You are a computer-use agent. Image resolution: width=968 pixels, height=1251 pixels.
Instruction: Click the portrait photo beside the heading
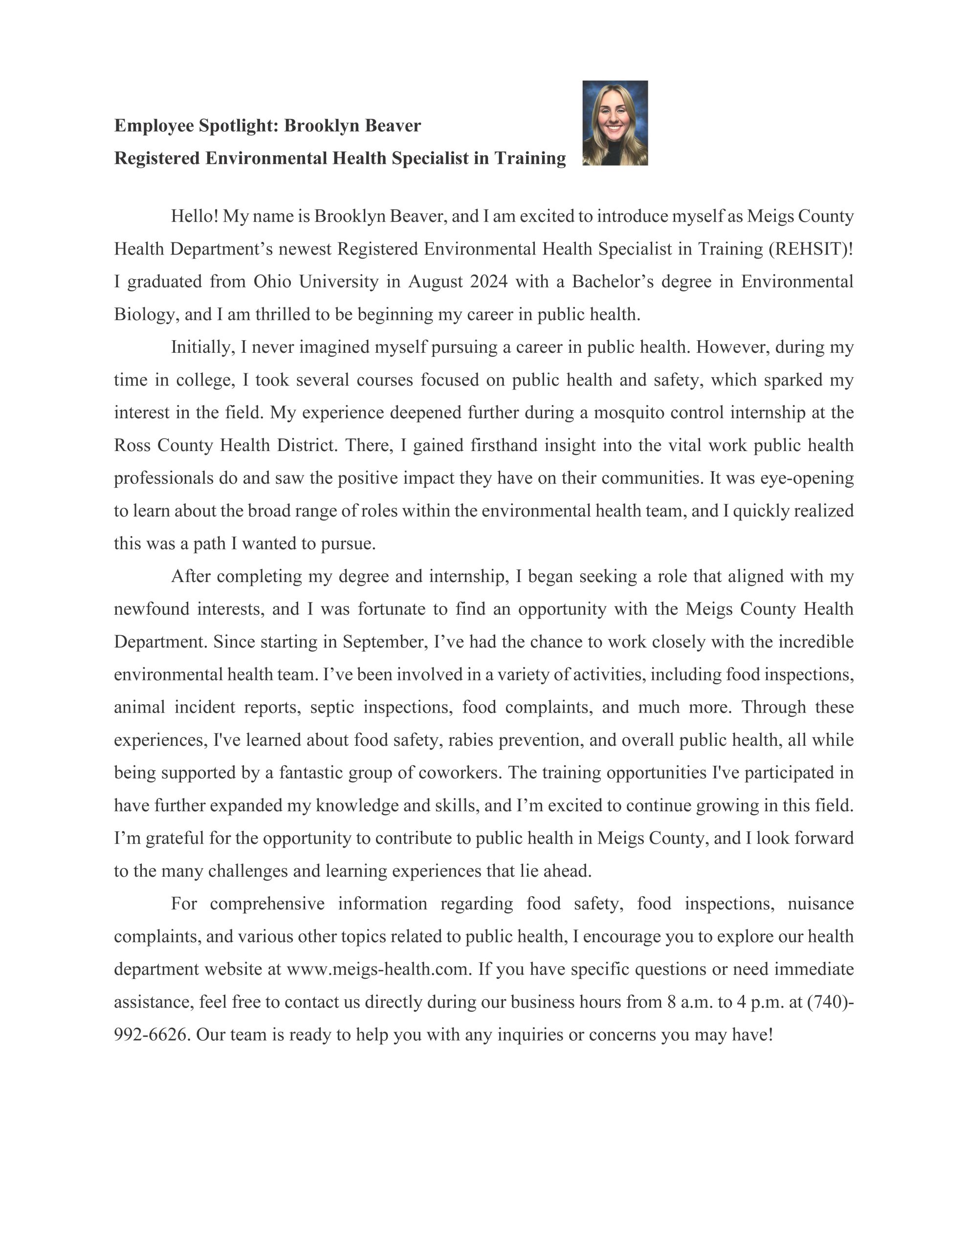click(615, 123)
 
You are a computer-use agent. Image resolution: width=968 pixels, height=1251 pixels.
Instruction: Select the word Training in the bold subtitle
click(529, 158)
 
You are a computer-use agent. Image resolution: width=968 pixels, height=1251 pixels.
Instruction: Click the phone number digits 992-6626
click(151, 1035)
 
